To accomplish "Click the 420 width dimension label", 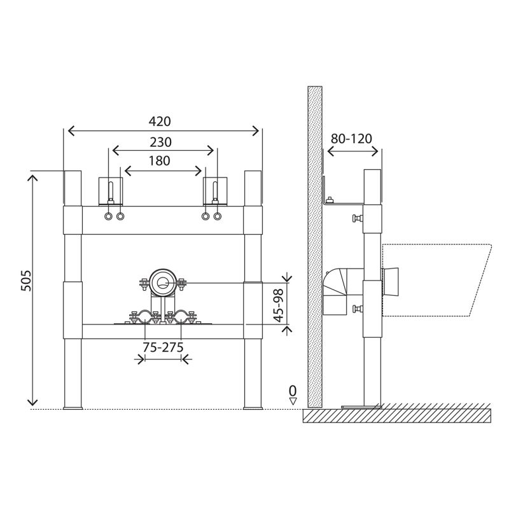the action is point(160,122).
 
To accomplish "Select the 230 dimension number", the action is point(161,142).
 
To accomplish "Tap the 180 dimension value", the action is point(159,161).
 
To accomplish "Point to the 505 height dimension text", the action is point(26,281).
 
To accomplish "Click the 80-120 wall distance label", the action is point(352,139).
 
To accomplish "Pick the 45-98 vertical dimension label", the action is point(279,305).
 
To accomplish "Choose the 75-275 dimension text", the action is point(164,347).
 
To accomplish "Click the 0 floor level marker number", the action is point(293,389).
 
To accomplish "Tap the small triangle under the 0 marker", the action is point(293,401).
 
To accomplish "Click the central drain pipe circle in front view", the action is point(163,282).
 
